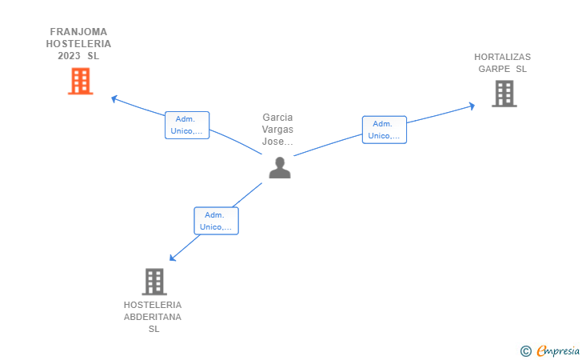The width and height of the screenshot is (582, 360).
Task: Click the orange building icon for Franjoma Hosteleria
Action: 80,81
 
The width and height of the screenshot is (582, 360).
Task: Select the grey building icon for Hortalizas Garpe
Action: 504,94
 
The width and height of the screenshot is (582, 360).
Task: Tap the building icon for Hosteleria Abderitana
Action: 153,281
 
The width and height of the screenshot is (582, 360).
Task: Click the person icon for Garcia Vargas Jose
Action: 279,167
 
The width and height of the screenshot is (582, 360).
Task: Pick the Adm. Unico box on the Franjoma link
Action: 187,125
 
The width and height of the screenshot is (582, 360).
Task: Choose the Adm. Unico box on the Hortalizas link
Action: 384,130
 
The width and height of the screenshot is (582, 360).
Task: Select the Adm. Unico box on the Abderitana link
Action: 216,221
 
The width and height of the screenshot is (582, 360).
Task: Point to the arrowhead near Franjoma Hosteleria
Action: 114,98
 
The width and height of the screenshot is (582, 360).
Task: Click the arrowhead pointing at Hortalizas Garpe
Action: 472,105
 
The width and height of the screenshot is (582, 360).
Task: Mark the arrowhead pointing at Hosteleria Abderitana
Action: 173,257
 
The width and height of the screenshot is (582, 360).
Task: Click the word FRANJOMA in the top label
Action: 78,32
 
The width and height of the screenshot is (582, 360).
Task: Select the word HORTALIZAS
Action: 502,57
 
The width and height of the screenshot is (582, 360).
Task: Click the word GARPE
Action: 494,69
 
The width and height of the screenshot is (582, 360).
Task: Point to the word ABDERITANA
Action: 153,317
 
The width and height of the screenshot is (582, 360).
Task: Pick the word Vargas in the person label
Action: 277,130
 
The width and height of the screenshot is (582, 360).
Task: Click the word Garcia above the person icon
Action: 277,118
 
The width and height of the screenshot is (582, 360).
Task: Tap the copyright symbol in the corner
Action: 525,350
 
